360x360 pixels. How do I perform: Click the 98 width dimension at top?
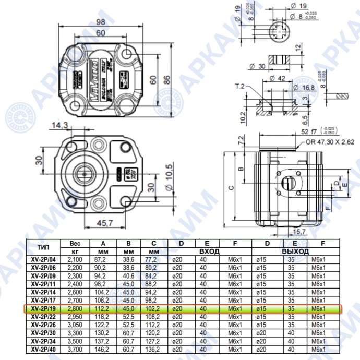101,21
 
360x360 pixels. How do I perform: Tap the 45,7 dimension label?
106,224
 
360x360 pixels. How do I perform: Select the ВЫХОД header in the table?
296,251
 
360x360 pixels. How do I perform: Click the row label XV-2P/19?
44,309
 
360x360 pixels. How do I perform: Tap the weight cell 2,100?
75,259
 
